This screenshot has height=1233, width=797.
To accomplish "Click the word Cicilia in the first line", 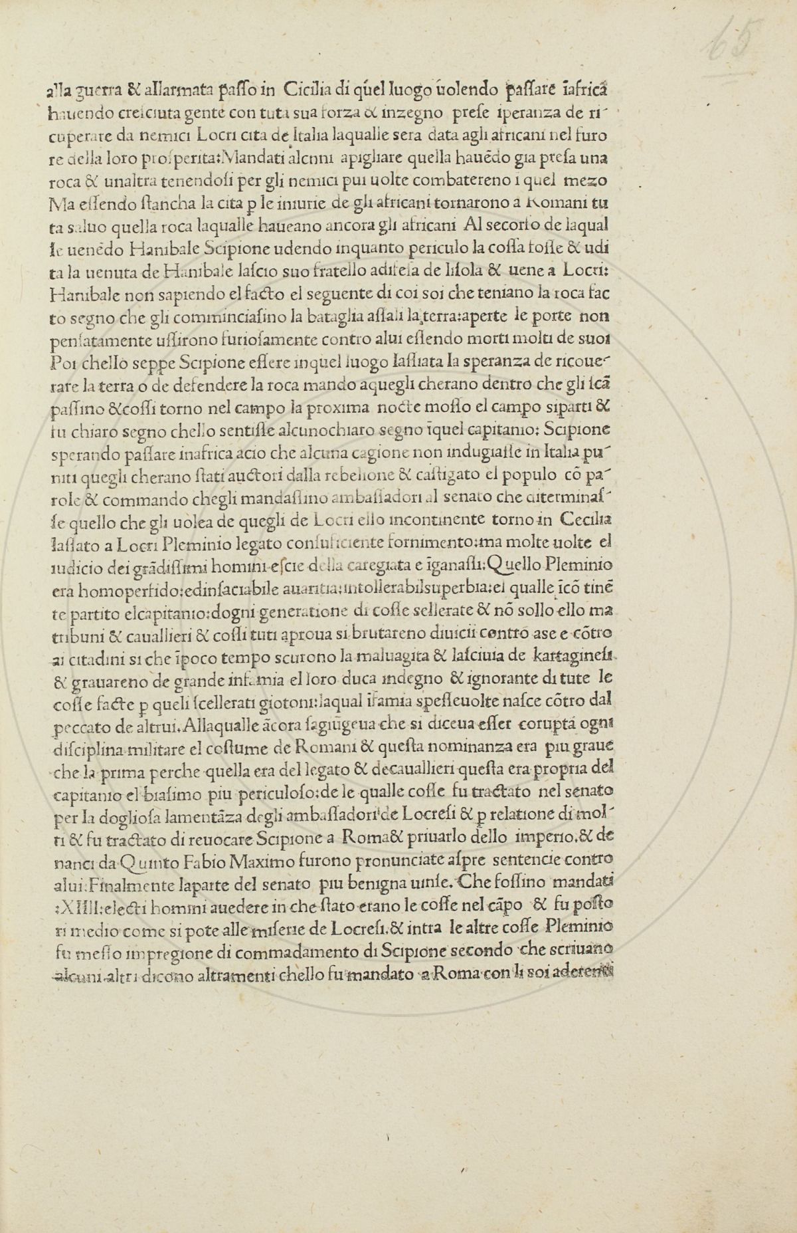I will [x=308, y=93].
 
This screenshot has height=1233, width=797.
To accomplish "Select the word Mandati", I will [x=258, y=160].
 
